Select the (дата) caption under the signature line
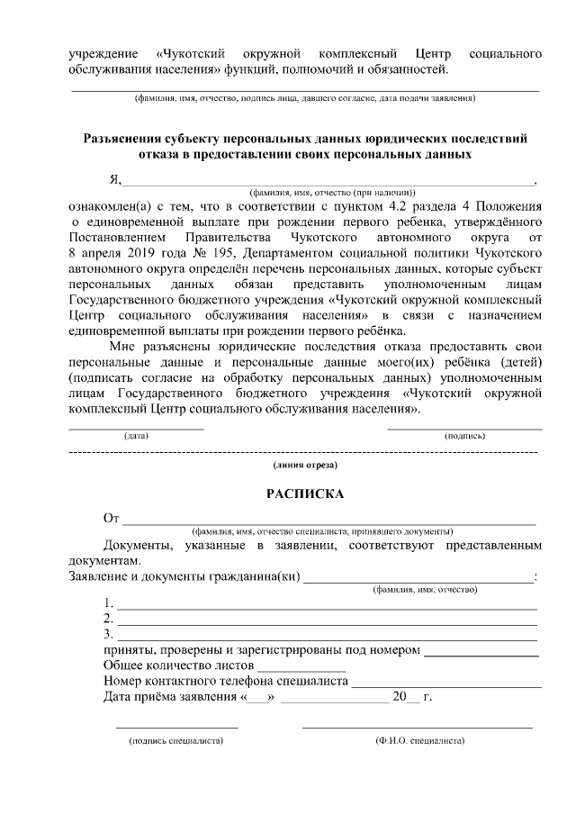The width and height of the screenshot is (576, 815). [136, 436]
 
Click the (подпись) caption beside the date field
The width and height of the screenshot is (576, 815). [465, 436]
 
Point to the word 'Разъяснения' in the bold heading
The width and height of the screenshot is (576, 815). [122, 139]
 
